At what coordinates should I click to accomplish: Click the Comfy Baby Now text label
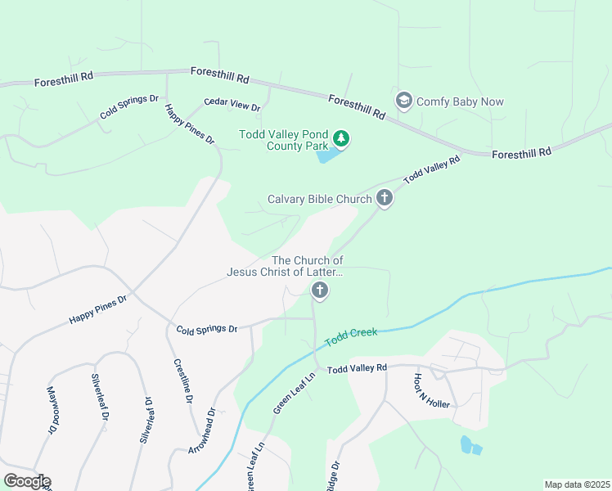click(x=460, y=102)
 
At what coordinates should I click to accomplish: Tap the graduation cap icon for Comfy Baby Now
click(x=403, y=101)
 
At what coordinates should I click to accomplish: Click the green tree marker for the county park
click(x=342, y=139)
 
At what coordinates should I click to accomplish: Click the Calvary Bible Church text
click(x=320, y=199)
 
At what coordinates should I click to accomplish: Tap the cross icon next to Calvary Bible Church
click(x=384, y=197)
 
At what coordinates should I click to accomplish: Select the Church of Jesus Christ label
click(x=284, y=266)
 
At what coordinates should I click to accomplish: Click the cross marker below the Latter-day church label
click(x=319, y=290)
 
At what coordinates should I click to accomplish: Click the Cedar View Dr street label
click(x=232, y=106)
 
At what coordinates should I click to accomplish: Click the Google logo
click(x=27, y=481)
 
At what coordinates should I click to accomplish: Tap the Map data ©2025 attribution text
click(x=577, y=484)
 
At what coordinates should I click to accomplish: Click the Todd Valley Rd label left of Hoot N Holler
click(x=357, y=369)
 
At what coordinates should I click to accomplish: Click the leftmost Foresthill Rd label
click(x=64, y=79)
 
